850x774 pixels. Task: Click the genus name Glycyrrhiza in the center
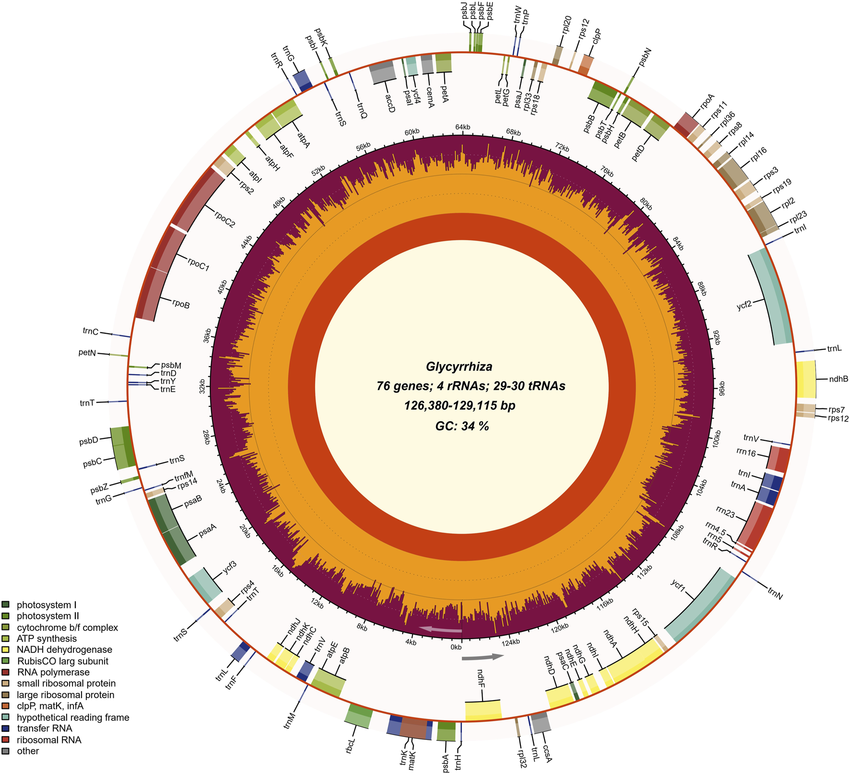coord(459,367)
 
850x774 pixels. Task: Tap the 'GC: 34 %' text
coord(462,426)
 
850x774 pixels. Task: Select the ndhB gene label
coord(838,379)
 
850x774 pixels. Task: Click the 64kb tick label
coord(462,127)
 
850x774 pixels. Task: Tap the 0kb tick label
coord(456,647)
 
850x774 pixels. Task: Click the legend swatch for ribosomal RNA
coord(6,740)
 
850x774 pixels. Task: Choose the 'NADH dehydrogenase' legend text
coord(64,650)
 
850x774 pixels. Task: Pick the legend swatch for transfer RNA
coord(6,728)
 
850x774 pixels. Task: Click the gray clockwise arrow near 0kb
coord(483,657)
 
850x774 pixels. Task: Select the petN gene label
coord(87,353)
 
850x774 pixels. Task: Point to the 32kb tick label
coord(202,386)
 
